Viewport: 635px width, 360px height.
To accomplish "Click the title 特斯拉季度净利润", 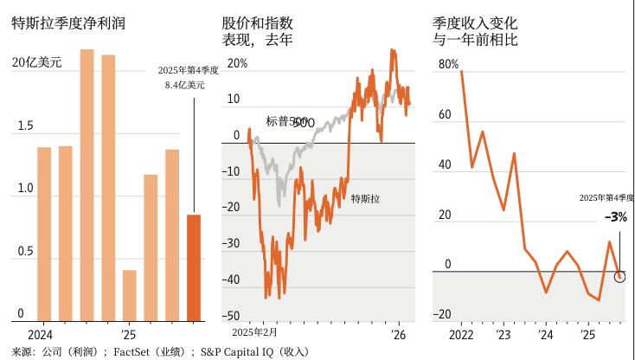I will (68, 23).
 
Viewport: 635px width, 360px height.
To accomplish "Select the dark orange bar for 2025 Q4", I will (194, 267).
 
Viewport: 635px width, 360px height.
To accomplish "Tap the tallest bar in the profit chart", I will (87, 184).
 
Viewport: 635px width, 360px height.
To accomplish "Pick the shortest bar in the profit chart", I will (130, 295).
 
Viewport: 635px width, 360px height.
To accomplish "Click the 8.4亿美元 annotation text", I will (185, 85).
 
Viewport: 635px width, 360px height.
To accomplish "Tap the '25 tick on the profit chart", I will (128, 334).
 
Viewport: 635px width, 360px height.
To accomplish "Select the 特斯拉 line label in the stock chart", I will (366, 200).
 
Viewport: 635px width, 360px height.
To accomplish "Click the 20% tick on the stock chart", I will (238, 63).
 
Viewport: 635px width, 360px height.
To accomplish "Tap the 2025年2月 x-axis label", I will (255, 333).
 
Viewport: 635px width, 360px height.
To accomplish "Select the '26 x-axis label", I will (399, 333).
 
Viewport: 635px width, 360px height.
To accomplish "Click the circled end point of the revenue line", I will (619, 276).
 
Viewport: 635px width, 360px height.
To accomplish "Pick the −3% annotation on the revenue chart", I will (615, 216).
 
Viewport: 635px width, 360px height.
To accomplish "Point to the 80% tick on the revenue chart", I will (448, 63).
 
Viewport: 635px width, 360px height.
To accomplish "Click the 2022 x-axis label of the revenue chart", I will (461, 334).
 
